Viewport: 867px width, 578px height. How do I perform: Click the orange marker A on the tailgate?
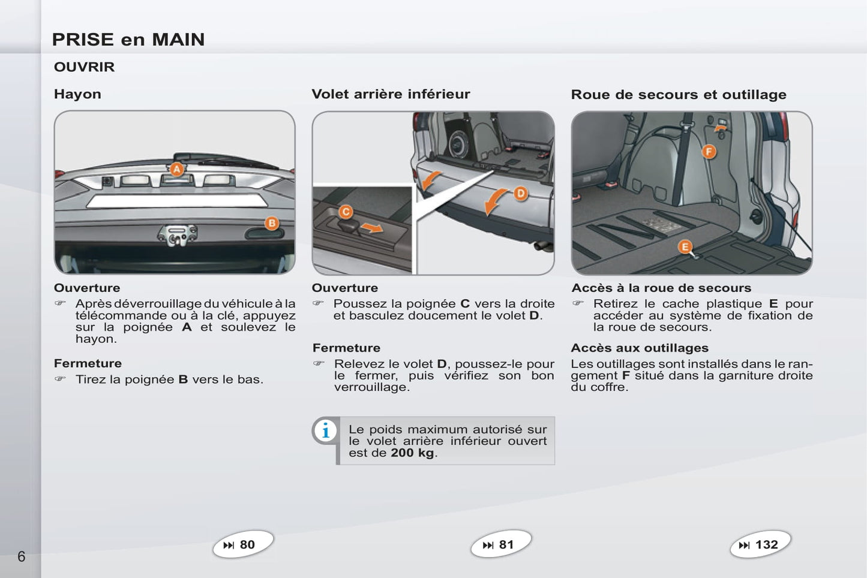pos(176,169)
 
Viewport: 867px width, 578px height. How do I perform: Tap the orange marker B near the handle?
pos(272,223)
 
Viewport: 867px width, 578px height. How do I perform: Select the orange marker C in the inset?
pos(346,212)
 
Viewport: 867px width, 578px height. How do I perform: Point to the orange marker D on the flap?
pos(521,193)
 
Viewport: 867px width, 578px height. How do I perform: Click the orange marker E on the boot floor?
pos(685,247)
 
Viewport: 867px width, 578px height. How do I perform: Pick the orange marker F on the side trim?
pos(709,151)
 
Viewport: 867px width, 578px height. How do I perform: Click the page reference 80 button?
pos(243,544)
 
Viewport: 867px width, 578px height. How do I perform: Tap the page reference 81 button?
pos(501,544)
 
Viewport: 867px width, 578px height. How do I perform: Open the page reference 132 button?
pos(761,544)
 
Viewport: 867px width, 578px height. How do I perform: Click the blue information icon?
pos(326,431)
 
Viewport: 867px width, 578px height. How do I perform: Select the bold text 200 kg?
pos(412,453)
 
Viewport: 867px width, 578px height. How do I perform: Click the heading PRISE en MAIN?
pos(128,40)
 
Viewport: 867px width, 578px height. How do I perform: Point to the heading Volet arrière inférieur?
pos(391,94)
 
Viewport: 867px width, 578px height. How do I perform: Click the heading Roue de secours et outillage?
pos(679,94)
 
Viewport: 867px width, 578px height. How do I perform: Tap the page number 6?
pos(21,556)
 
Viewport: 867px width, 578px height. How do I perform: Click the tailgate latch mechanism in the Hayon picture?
pos(178,235)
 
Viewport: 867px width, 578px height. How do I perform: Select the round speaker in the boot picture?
pos(460,144)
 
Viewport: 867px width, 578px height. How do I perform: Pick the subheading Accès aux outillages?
pos(640,348)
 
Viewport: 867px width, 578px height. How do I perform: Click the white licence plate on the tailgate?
pos(177,201)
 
